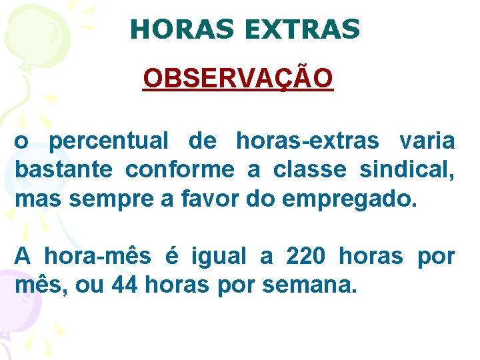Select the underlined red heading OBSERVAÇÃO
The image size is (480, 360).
point(238,79)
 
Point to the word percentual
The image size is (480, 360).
point(109,141)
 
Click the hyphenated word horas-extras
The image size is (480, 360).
point(307,141)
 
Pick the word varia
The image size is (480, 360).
point(427,141)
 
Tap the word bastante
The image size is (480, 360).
point(63,170)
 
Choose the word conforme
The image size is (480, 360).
point(180,170)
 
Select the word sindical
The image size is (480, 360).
point(407,170)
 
